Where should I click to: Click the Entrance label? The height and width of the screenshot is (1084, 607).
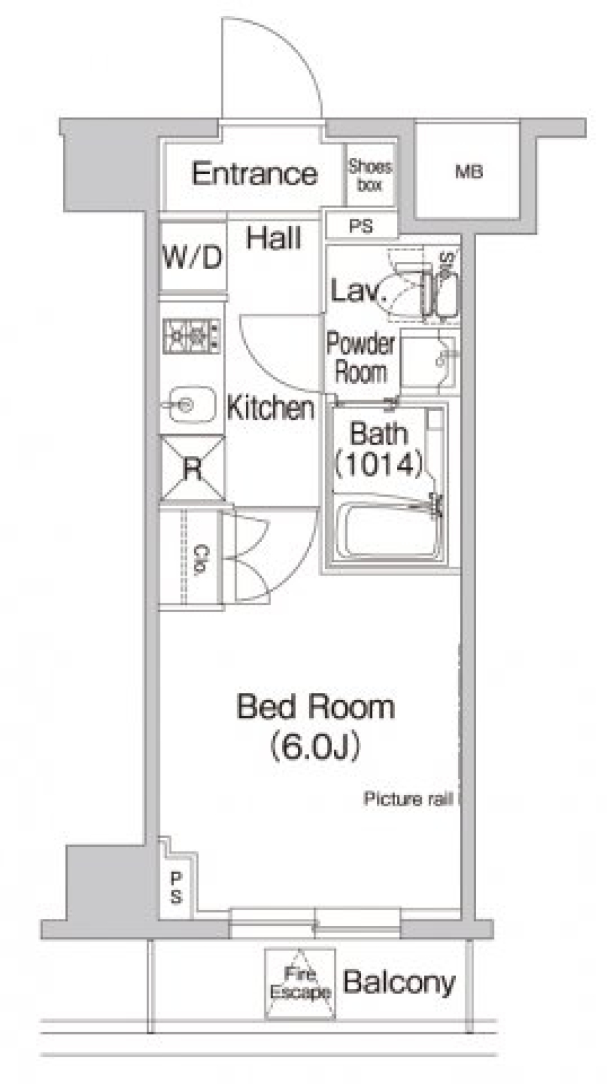tap(254, 174)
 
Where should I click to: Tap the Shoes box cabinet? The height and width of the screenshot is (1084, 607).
tap(371, 175)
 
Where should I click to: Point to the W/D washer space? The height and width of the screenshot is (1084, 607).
tap(193, 256)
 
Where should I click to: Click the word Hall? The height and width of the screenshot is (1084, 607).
tap(274, 238)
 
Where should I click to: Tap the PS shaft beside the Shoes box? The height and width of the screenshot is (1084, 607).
tap(361, 226)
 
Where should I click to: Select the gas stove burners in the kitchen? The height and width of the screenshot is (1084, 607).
tap(192, 335)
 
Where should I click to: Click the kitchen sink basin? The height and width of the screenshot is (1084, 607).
tap(188, 404)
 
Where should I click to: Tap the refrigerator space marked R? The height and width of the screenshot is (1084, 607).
tap(192, 467)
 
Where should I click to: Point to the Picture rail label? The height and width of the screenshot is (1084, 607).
tap(408, 799)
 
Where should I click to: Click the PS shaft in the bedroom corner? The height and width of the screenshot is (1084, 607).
tap(176, 889)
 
